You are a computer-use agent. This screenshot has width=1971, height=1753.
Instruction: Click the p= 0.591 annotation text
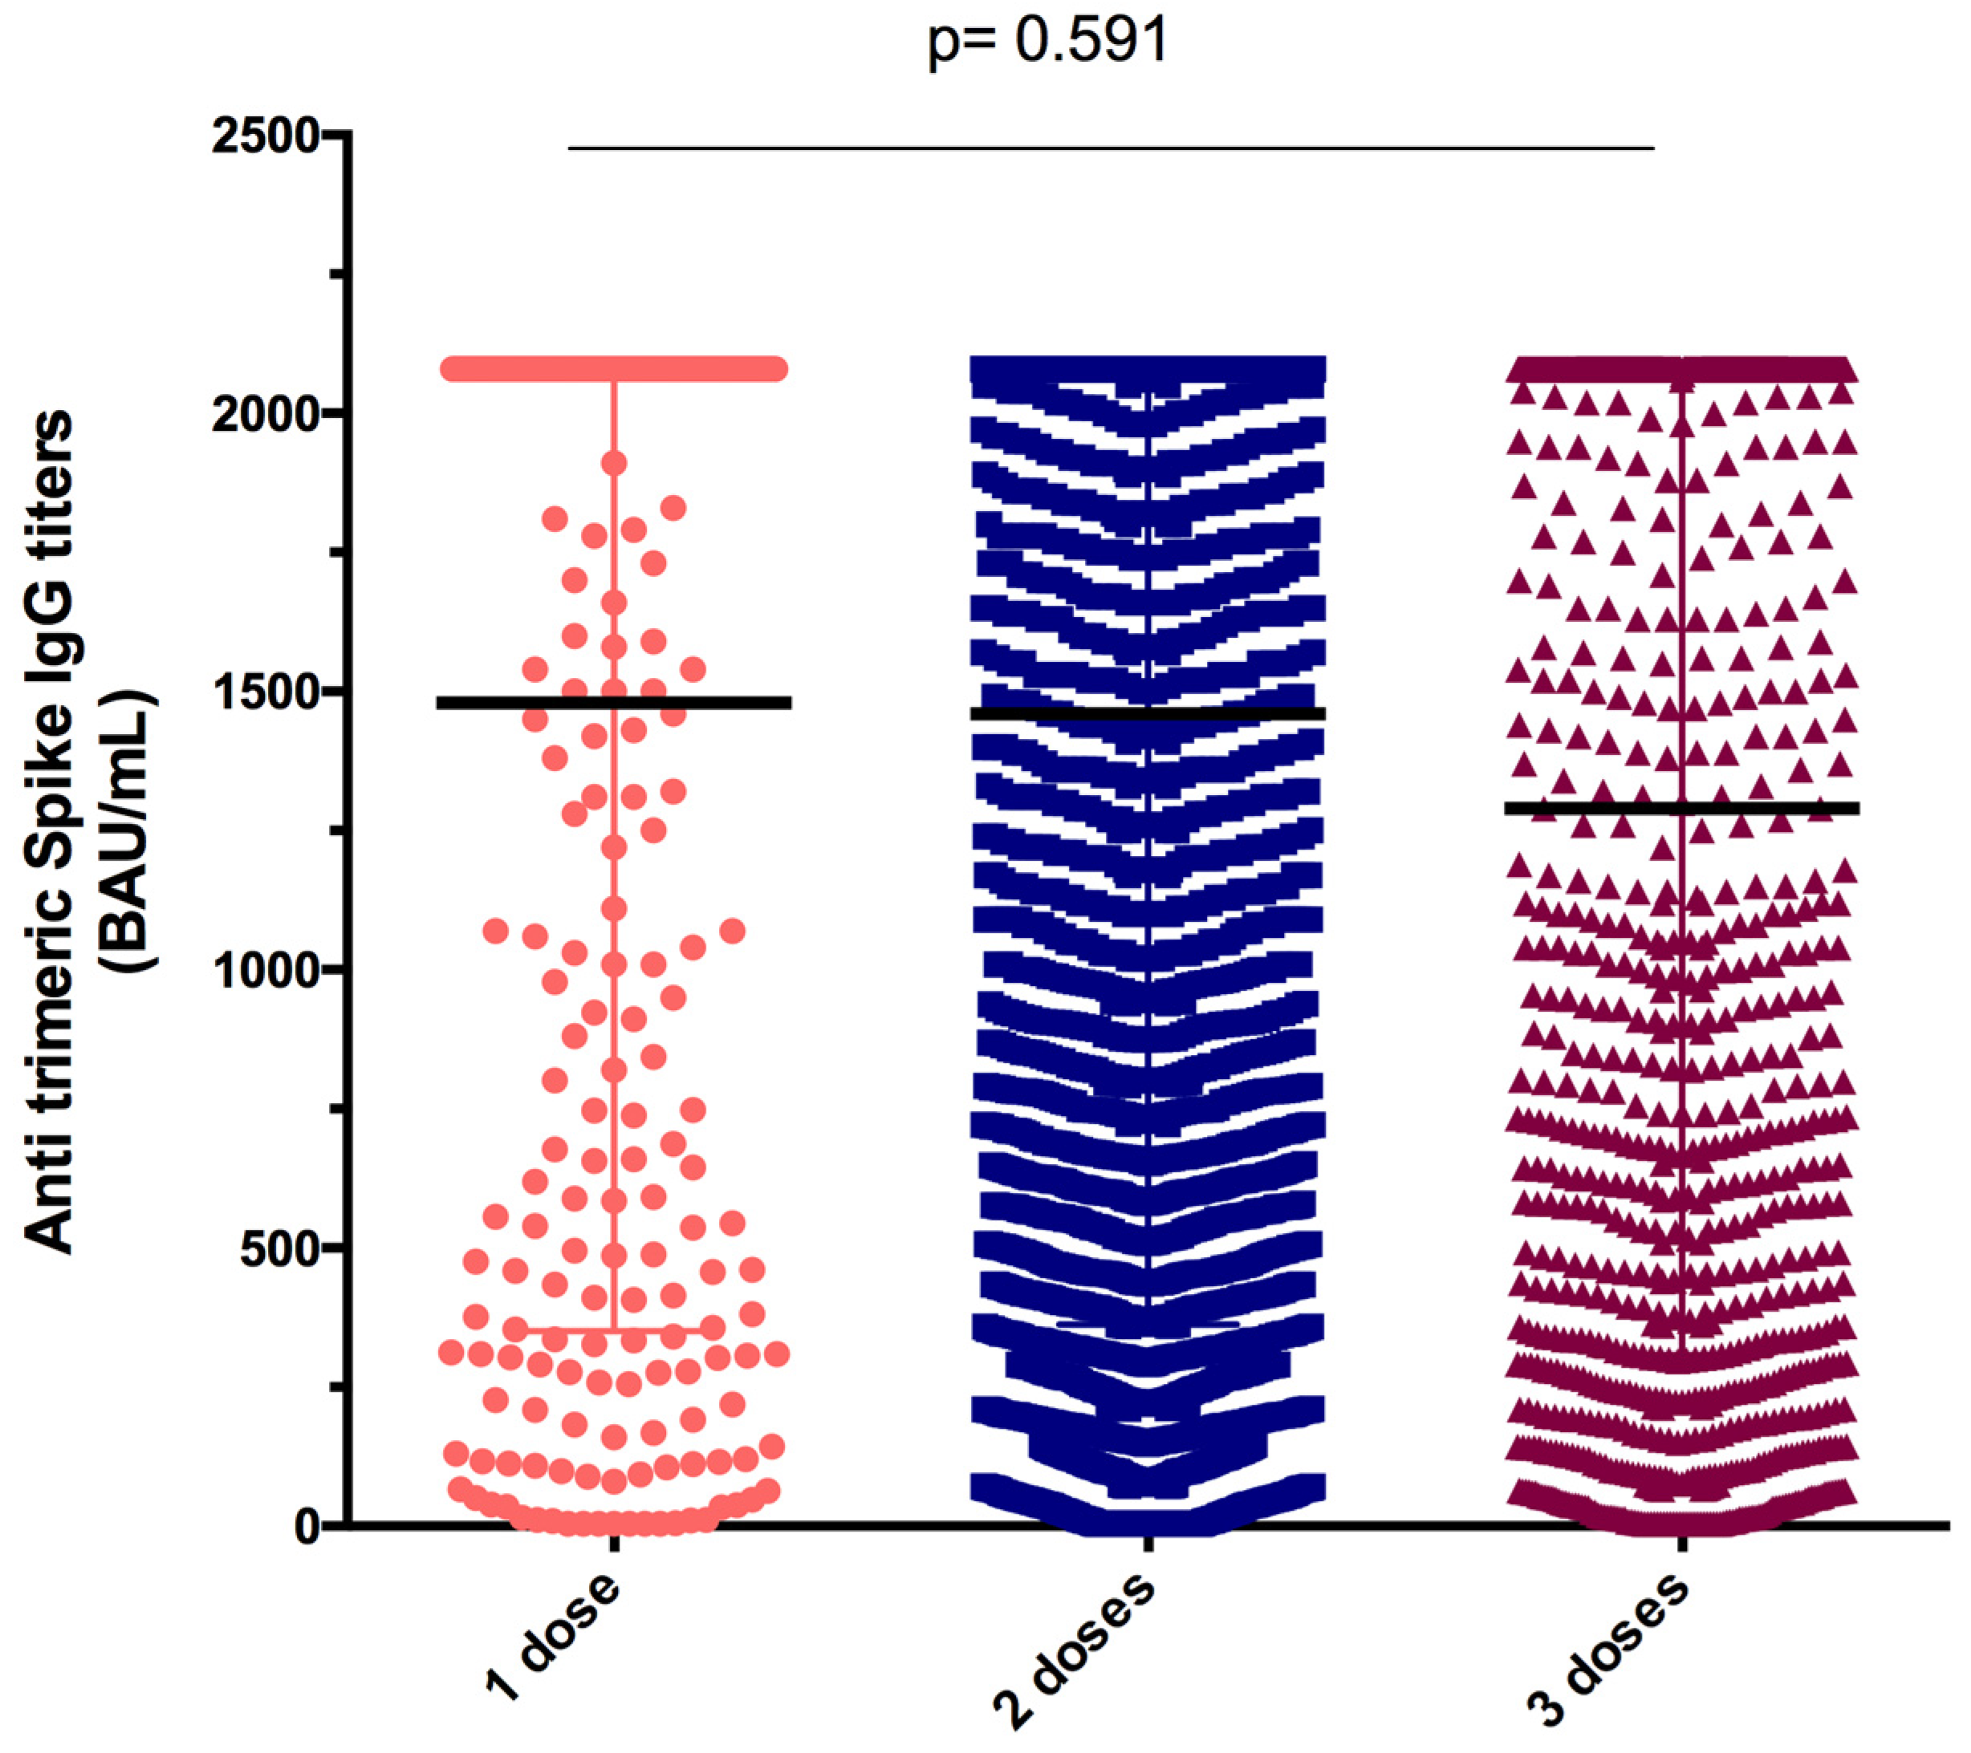(x=1047, y=43)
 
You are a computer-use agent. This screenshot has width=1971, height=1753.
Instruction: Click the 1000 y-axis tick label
(x=265, y=970)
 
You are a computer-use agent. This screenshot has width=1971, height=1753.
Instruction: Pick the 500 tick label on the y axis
(x=279, y=1248)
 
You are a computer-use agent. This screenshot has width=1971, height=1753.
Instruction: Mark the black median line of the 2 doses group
(x=1148, y=713)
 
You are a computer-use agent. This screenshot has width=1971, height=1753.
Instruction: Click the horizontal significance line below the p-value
(x=1109, y=148)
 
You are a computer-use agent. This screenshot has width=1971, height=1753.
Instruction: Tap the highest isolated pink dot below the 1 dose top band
(x=614, y=464)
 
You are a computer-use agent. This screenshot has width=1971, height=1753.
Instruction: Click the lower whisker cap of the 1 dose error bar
(x=614, y=1331)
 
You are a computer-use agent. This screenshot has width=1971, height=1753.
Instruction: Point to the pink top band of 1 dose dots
(x=614, y=369)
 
